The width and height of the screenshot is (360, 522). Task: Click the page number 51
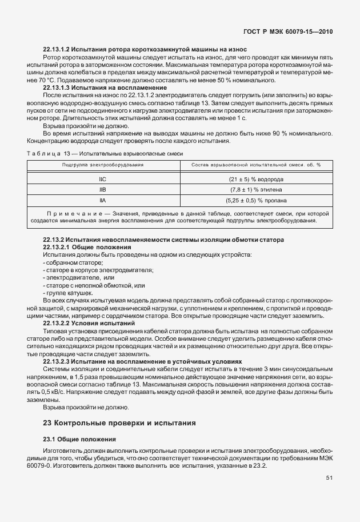(329, 479)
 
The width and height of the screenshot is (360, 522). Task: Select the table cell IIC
(103, 179)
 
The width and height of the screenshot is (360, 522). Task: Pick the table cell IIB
(103, 189)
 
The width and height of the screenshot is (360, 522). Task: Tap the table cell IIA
(103, 200)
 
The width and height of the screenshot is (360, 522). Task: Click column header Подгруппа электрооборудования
(103, 165)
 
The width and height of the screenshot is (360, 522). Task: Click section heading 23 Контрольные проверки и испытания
(119, 423)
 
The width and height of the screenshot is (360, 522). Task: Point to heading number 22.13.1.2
(58, 50)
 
